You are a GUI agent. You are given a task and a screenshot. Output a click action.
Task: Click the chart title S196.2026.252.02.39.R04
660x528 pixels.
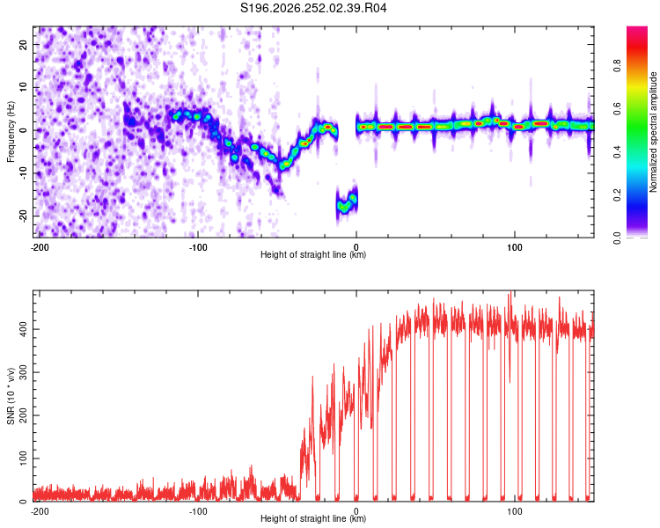313,8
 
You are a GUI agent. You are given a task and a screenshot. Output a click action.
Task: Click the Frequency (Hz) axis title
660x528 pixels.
11,132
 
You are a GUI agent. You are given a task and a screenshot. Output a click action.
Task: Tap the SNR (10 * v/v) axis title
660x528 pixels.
11,396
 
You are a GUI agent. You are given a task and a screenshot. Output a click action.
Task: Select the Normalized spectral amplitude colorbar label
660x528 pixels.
653,132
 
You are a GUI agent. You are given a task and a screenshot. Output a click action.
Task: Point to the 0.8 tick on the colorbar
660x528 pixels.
617,66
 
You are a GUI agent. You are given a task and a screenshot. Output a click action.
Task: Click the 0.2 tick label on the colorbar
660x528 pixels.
617,195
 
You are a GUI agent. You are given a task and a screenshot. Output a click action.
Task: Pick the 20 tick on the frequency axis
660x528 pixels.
23,44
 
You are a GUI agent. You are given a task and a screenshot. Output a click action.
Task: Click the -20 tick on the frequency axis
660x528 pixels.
23,216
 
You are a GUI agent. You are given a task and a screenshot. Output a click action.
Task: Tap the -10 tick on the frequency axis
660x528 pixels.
23,172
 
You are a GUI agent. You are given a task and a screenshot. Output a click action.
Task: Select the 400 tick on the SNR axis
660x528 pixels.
23,329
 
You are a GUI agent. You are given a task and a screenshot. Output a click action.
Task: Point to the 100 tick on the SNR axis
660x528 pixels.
23,458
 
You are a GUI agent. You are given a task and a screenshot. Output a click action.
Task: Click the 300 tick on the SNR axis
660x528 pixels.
23,372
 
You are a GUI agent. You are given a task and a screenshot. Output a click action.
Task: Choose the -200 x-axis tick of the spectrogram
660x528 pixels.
40,247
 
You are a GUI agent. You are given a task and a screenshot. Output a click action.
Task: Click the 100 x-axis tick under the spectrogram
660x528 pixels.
515,247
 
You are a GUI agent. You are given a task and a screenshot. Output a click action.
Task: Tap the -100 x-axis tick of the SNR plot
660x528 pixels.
198,511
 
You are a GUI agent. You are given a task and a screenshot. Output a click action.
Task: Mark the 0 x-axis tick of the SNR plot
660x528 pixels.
356,511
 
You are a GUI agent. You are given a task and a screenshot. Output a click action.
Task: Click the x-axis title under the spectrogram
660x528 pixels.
313,254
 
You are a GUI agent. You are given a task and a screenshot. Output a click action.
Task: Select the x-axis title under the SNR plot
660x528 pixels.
313,518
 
